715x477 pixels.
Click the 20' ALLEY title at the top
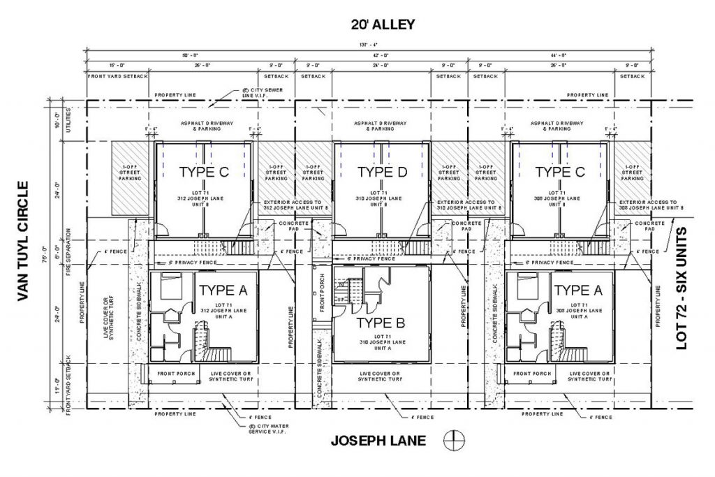point(383,25)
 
